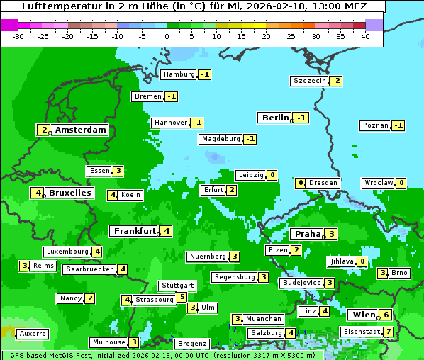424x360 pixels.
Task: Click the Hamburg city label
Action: pyautogui.click(x=179, y=74)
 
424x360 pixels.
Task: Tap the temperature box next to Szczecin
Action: pyautogui.click(x=335, y=81)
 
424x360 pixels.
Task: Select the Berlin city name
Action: pyautogui.click(x=276, y=118)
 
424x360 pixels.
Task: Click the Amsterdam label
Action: pyautogui.click(x=81, y=130)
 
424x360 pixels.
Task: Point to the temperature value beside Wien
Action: pyautogui.click(x=386, y=315)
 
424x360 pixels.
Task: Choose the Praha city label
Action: pyautogui.click(x=308, y=234)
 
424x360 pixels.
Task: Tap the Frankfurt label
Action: pyautogui.click(x=135, y=231)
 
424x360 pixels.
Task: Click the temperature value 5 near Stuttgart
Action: pyautogui.click(x=182, y=297)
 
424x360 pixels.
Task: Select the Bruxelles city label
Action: pyautogui.click(x=69, y=193)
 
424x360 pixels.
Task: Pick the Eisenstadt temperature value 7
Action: pyautogui.click(x=389, y=332)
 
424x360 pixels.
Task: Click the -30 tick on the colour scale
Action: pyautogui.click(x=18, y=35)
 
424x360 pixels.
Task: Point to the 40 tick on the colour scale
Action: pyautogui.click(x=365, y=35)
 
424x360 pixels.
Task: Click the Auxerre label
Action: pyautogui.click(x=33, y=333)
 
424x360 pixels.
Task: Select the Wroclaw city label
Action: pyautogui.click(x=379, y=183)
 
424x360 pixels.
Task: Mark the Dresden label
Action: pyautogui.click(x=323, y=183)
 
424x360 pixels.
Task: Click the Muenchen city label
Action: pyautogui.click(x=264, y=319)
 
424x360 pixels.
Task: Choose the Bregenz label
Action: pyautogui.click(x=192, y=344)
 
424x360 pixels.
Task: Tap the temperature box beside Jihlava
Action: pyautogui.click(x=362, y=261)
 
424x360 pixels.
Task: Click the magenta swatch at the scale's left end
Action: pyautogui.click(x=9, y=24)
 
